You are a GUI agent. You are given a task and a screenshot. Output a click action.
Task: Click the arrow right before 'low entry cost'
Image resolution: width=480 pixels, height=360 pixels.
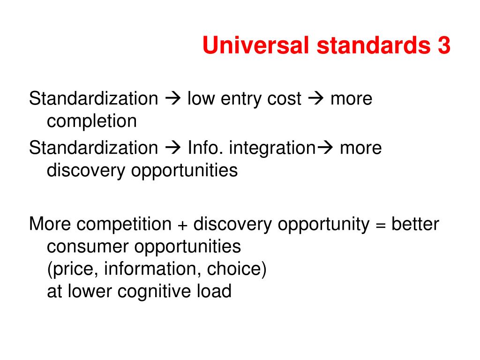(x=173, y=99)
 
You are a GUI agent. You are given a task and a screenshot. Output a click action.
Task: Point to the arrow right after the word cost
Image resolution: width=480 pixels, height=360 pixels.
(x=315, y=99)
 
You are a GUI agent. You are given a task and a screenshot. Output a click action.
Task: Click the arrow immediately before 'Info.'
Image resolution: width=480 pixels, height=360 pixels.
(x=173, y=148)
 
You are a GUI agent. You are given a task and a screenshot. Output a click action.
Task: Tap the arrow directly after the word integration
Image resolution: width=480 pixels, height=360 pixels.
(x=325, y=148)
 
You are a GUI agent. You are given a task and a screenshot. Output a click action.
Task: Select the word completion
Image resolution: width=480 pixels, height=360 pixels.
(x=92, y=121)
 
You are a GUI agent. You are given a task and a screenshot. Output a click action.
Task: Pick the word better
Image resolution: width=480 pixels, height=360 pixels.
(x=415, y=225)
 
